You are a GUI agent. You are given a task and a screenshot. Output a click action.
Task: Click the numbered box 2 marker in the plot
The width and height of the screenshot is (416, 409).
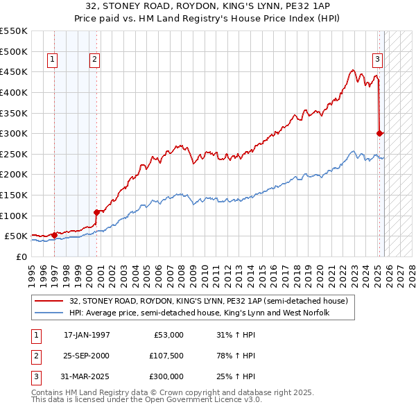click(94, 60)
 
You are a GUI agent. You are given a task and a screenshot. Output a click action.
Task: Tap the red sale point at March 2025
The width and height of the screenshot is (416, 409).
click(379, 133)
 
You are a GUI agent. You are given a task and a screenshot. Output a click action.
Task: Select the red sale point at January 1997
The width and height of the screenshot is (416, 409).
click(54, 235)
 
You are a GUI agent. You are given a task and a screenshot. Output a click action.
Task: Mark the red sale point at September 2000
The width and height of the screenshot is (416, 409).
click(97, 212)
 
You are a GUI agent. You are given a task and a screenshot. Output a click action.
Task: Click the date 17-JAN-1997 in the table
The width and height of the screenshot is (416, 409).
click(87, 335)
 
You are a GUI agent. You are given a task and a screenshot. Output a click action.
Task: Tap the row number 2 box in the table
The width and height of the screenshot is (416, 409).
click(34, 356)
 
